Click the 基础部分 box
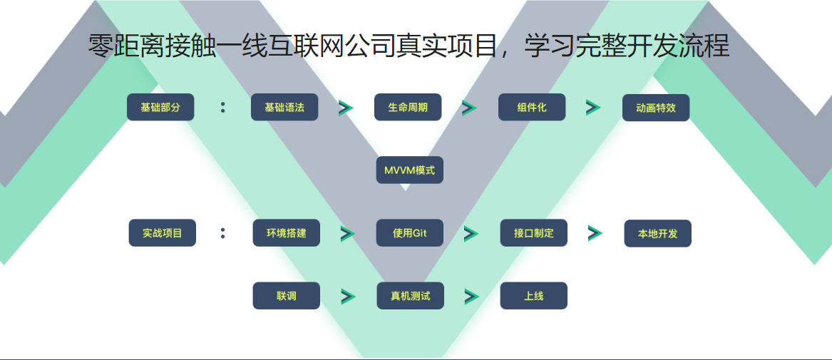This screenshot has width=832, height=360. [160, 108]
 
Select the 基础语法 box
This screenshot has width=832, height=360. [284, 108]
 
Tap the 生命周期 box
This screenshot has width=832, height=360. [408, 108]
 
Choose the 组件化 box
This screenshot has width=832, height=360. [532, 108]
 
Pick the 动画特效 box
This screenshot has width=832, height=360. [656, 108]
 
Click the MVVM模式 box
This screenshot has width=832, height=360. [409, 170]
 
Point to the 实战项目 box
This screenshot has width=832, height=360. [162, 233]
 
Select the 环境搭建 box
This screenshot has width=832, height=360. [286, 233]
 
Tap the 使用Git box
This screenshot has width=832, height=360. [410, 233]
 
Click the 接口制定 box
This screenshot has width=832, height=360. [533, 233]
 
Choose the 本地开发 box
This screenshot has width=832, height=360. [657, 233]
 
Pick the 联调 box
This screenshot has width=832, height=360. [286, 296]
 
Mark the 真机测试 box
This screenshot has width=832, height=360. [410, 296]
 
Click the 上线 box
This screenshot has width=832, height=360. [533, 296]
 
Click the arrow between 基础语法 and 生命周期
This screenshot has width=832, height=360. [346, 108]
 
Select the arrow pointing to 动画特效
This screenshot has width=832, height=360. [593, 108]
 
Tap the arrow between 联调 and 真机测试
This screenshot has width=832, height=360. [348, 297]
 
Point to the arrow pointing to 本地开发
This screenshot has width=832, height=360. [595, 233]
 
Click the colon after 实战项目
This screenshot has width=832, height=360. [223, 233]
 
